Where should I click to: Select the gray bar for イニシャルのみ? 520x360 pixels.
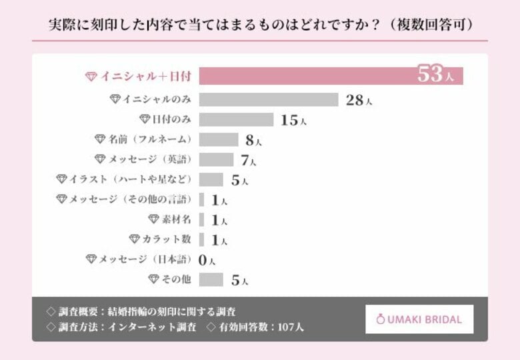(269, 99)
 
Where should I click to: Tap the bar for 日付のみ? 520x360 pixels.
(236, 119)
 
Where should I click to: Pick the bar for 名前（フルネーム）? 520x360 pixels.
(219, 139)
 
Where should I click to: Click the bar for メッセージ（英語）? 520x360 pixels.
(217, 159)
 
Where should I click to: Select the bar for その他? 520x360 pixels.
(211, 279)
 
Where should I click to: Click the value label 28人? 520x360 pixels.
(359, 100)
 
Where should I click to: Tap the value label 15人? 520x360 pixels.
(293, 120)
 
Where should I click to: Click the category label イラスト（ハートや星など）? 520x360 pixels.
(125, 179)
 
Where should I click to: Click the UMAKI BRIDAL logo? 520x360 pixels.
(419, 319)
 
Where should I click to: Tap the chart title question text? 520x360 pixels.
(260, 25)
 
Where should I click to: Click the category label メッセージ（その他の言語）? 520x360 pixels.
(125, 199)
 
